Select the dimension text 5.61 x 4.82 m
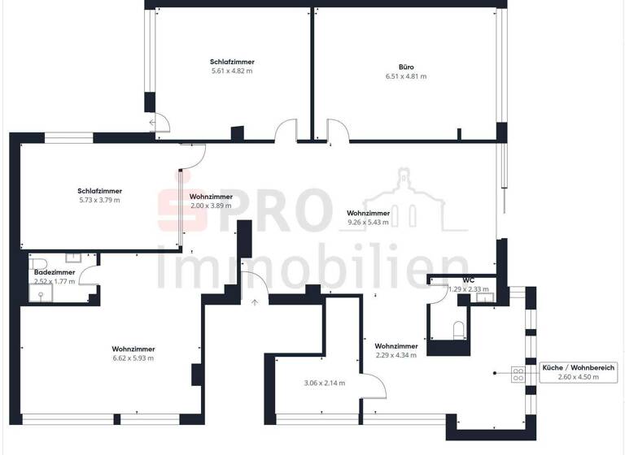231,71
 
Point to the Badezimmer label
55,273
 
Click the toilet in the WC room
457,328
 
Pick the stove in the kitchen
518,375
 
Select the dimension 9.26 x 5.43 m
368,222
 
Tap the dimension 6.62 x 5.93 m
133,357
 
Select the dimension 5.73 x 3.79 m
99,200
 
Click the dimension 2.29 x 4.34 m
396,355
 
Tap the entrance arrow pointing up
255,302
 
